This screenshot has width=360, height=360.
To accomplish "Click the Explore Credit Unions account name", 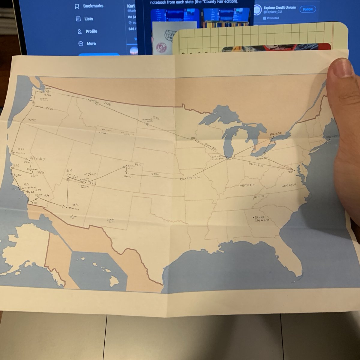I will click(280, 7).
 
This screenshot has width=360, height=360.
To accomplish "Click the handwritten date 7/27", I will click(156, 118).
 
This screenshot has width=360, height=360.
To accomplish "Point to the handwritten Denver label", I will click(128, 176).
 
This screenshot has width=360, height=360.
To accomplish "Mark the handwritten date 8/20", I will click(155, 173).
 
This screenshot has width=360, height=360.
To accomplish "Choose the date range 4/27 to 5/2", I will click(247, 185).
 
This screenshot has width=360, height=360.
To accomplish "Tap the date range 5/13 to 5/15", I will click(290, 185).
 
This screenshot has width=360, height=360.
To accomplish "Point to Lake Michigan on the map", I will click(229, 141).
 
